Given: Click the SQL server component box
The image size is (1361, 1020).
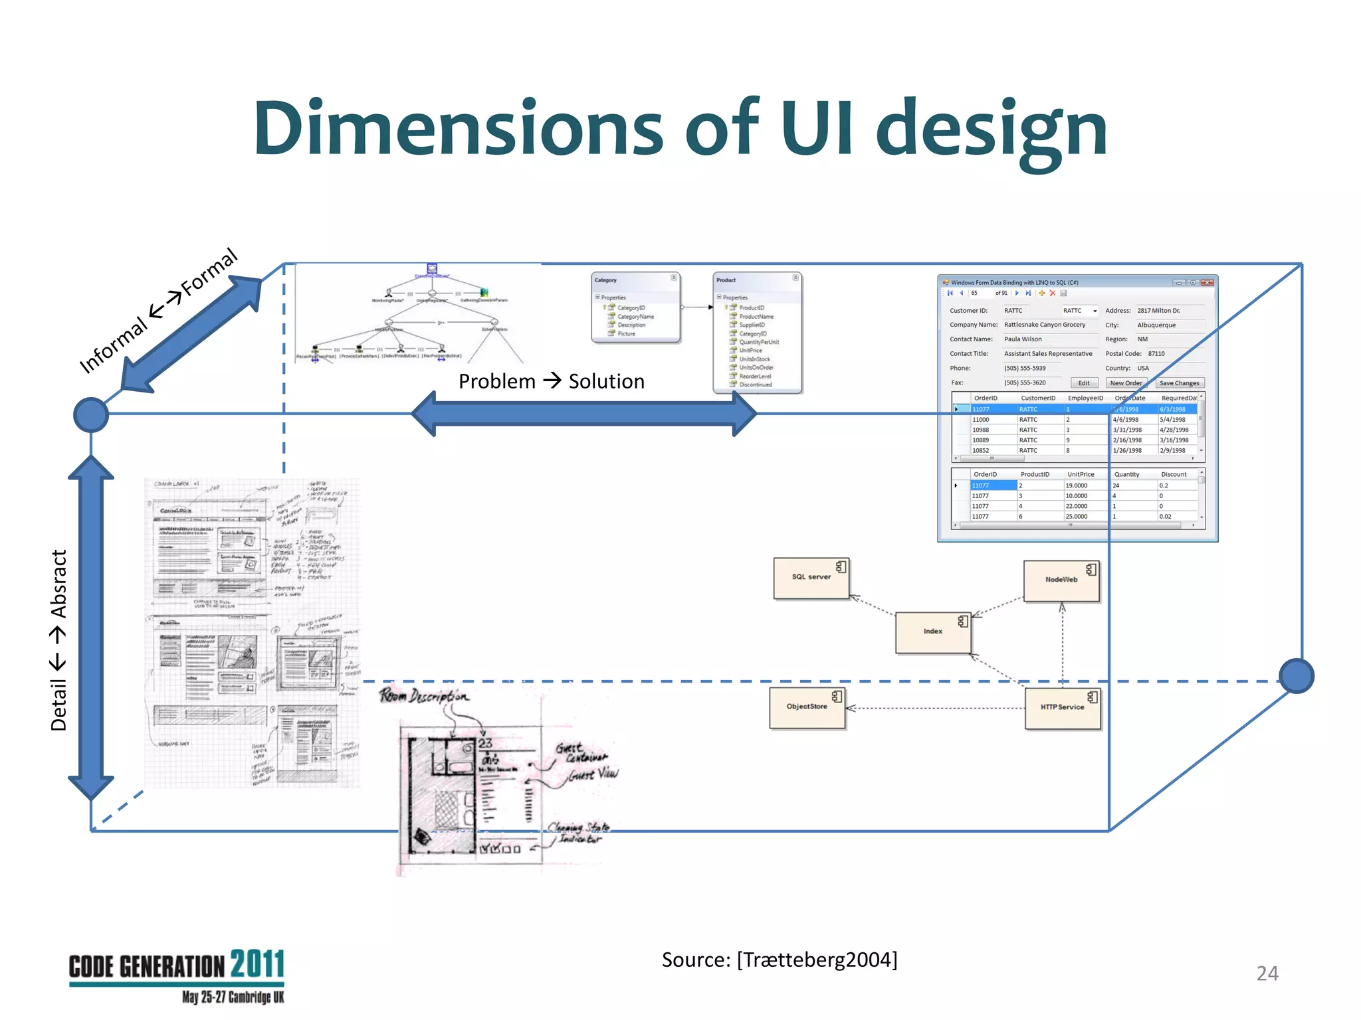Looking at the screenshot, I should (811, 578).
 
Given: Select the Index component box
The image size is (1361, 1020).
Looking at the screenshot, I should (932, 632).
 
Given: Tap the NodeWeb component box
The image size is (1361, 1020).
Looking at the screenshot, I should (1061, 580).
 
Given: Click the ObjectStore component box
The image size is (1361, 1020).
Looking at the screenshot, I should (807, 707).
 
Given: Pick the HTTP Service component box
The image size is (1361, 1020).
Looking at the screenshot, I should (1062, 708).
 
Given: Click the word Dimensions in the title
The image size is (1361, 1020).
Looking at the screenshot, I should (458, 127).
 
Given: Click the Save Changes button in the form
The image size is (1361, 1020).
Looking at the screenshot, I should (1179, 383).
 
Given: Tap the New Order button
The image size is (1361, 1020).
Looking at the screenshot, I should (1126, 383).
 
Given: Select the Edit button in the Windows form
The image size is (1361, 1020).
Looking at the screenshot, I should (1084, 383).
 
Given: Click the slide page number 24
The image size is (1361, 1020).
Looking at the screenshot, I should (1267, 974).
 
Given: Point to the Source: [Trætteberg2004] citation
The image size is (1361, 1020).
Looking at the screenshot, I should (779, 960).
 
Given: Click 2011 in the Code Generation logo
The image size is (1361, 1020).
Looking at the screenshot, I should (257, 965).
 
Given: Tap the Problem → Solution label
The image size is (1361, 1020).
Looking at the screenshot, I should (551, 381).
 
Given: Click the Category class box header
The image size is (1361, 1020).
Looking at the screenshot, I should (635, 280).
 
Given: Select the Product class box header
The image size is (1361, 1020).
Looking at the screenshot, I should (756, 280).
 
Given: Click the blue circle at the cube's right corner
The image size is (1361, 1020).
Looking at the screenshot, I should (1296, 676).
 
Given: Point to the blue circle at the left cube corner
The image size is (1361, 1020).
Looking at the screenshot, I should (91, 414).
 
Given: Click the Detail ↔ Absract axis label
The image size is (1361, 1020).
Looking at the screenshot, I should (58, 640).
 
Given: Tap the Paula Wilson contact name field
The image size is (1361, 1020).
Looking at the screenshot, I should (1023, 339).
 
